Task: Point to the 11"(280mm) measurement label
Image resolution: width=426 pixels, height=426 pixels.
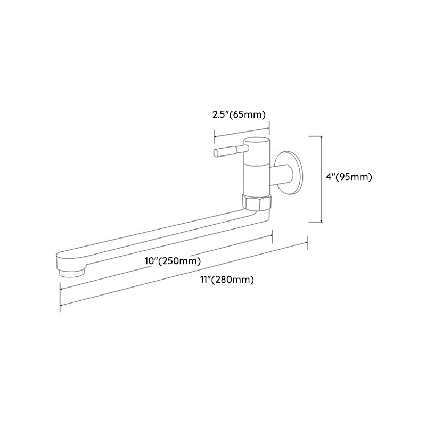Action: (x=227, y=280)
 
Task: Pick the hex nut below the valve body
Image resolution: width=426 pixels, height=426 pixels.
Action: (x=257, y=201)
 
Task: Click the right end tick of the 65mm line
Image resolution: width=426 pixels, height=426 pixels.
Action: (x=269, y=127)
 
